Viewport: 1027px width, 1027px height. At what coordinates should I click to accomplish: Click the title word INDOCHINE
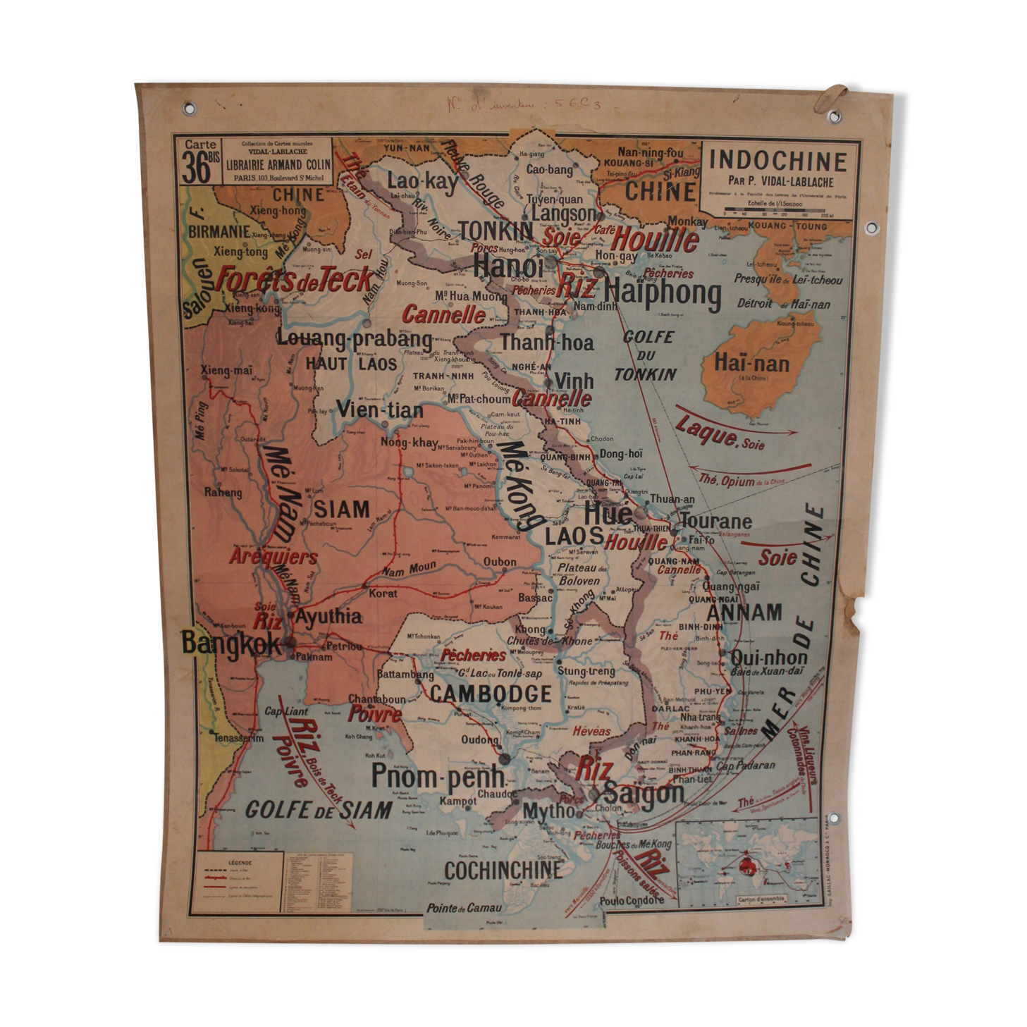click(777, 161)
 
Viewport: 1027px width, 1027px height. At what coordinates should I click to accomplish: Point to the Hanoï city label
click(508, 266)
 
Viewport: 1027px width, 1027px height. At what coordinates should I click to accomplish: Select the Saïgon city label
click(644, 794)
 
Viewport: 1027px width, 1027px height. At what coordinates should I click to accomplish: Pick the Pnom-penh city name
click(437, 776)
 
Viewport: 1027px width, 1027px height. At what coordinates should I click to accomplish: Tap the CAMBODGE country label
click(491, 694)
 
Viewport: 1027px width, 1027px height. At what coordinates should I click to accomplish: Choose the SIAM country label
click(341, 510)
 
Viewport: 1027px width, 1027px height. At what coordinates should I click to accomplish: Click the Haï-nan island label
click(751, 364)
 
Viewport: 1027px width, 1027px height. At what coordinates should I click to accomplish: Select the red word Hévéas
click(591, 731)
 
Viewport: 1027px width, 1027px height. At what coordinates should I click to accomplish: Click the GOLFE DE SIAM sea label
click(318, 809)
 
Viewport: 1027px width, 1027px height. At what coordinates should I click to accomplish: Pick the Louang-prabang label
click(355, 338)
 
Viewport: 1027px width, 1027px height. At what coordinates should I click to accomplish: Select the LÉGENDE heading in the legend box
click(239, 862)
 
